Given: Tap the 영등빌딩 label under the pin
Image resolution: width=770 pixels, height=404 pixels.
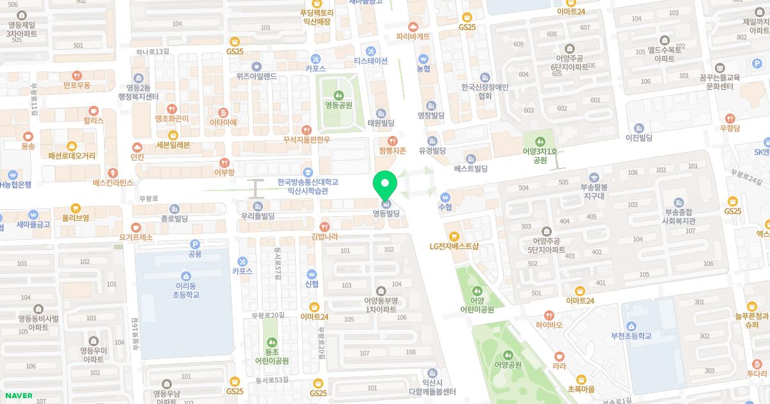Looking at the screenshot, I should pos(386,214).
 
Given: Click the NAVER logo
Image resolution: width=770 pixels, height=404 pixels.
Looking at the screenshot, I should pos(17,396).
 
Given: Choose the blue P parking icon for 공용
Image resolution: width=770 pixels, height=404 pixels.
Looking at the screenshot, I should pos(195,244).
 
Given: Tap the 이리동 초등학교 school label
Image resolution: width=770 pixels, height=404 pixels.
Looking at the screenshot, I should pos(186,290).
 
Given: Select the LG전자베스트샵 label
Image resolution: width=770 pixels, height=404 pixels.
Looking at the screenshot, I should pos(455,246).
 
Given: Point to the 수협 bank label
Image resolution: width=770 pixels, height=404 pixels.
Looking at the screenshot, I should pos(445,207).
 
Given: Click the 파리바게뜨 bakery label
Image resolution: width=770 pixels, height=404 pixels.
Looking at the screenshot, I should pos(413,37).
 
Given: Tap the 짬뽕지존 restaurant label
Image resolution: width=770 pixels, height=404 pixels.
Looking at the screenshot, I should pos(393,151).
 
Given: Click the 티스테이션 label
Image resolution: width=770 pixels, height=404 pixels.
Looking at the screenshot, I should pos(371,61).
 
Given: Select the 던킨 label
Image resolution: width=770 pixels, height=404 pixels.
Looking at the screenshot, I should pos(137,156).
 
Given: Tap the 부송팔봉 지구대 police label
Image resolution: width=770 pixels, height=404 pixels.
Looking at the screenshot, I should pos(594,188).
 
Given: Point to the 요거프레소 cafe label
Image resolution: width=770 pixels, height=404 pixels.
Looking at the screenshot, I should pos(136,237).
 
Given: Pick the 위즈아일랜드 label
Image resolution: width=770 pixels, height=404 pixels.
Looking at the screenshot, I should pos(256,76).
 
